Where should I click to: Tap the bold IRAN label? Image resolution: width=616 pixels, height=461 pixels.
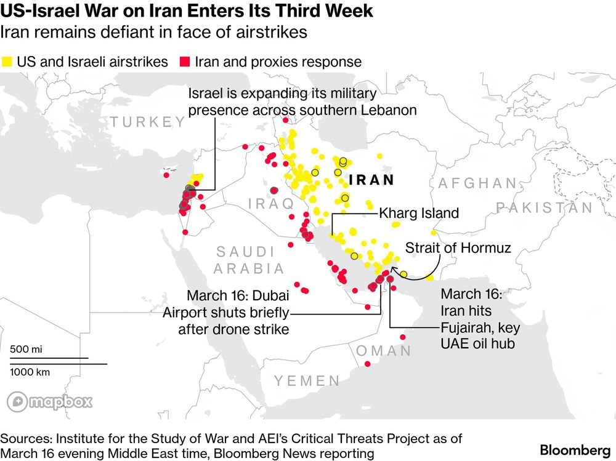tap(371, 180)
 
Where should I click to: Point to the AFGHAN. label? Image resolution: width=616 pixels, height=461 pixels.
tap(477, 183)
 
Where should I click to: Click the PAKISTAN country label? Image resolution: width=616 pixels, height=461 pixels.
tap(545, 207)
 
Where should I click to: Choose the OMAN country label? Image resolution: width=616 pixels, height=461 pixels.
tap(384, 351)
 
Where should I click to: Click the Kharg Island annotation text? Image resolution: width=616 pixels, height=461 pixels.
tap(419, 214)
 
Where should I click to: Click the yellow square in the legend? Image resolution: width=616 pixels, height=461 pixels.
tap(8, 62)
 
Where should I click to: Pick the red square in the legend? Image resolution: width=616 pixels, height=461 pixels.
tap(184, 62)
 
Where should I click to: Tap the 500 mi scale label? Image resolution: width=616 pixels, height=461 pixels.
tap(26, 349)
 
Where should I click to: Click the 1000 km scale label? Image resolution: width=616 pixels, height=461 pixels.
tap(30, 372)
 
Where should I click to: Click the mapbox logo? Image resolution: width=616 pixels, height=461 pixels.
tap(50, 403)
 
